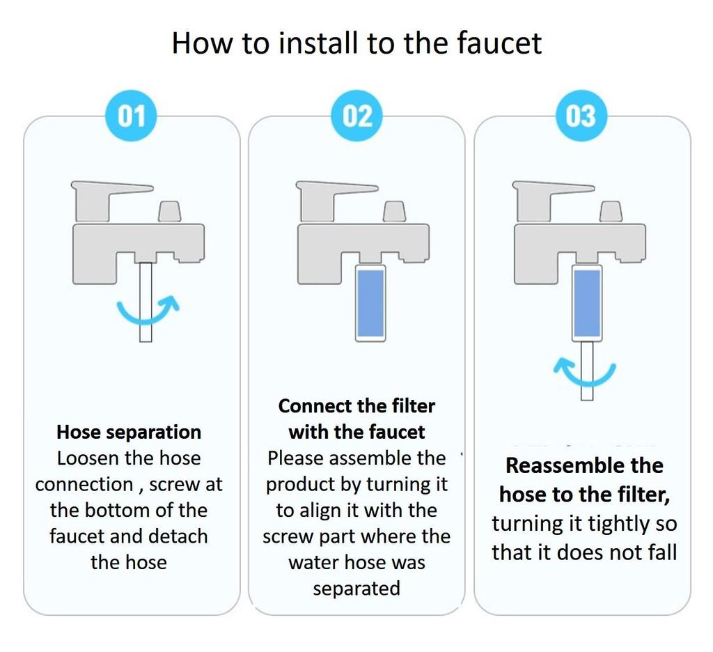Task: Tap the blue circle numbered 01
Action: [132, 116]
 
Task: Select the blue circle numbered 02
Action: [357, 116]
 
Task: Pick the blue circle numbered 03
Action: [581, 116]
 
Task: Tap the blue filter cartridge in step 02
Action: [370, 303]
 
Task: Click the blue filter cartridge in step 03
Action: [587, 303]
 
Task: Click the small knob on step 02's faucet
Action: [394, 211]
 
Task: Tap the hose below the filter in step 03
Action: [587, 371]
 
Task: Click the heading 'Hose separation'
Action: [129, 432]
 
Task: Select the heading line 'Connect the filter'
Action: [356, 406]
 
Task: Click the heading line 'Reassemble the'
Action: [584, 465]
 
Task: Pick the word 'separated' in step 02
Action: [356, 589]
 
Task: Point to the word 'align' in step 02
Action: [320, 511]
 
